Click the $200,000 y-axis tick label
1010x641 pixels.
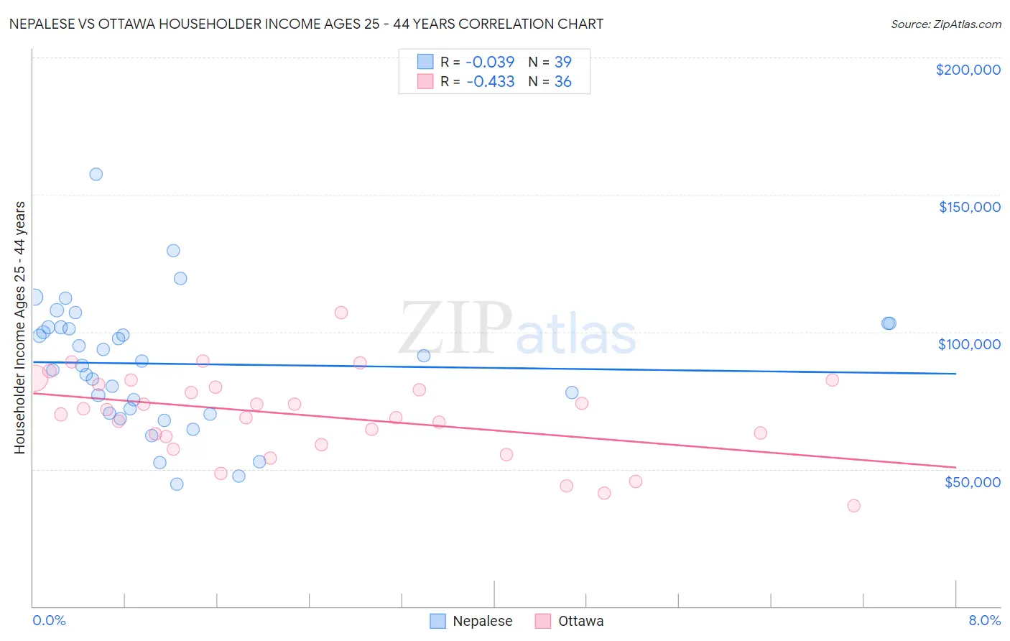tap(968, 70)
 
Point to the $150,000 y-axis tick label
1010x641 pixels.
tap(969, 207)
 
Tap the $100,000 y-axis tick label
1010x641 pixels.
tap(969, 344)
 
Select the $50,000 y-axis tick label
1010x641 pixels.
tap(972, 482)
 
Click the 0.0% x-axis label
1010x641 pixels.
tap(49, 620)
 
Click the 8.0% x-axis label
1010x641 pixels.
tap(984, 620)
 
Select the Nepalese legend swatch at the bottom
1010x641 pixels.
tap(438, 621)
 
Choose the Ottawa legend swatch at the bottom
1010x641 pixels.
tap(543, 621)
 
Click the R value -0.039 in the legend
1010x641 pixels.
tap(490, 62)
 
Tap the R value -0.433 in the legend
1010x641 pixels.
tap(490, 82)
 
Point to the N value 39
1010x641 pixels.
tap(562, 62)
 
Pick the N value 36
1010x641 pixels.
tap(562, 82)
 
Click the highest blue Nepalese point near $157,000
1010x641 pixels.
tap(96, 174)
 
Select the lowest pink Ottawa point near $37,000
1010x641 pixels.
tap(853, 505)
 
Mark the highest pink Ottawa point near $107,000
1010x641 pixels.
tap(341, 313)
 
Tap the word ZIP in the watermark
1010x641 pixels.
tap(455, 328)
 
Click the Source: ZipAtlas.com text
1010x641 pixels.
tap(945, 24)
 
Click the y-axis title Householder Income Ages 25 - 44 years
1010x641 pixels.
tap(19, 328)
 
